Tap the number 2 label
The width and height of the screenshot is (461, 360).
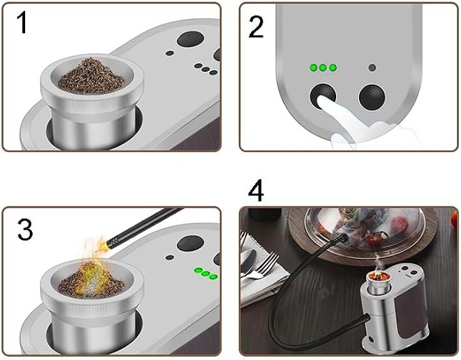(256, 26)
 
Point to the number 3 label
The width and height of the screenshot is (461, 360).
(25, 230)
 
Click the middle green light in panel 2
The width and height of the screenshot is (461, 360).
(322, 68)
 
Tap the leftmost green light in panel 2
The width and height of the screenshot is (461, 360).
(314, 68)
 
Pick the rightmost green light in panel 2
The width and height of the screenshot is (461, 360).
(333, 68)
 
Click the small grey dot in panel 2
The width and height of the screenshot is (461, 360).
(372, 68)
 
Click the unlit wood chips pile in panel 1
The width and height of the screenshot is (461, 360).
(91, 76)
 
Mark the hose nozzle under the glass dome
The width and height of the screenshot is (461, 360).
(342, 237)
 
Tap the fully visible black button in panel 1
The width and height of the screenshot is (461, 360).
(191, 39)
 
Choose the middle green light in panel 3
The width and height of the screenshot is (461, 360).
(206, 274)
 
